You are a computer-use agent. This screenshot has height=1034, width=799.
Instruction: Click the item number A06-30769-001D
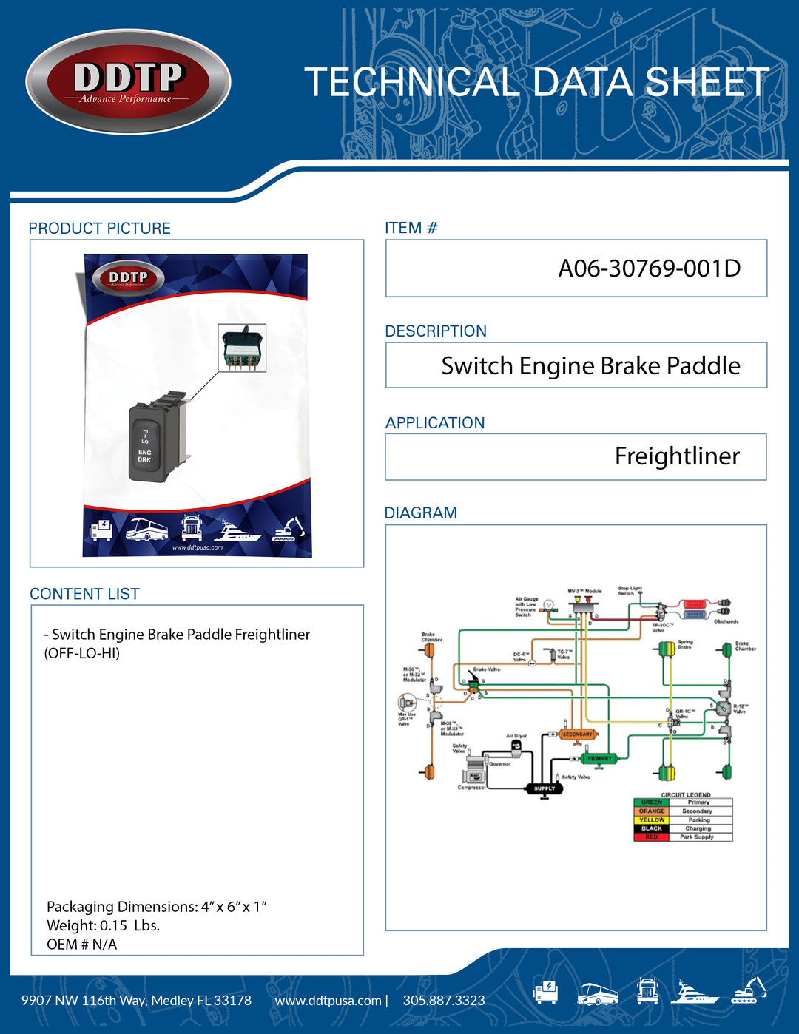pyautogui.click(x=649, y=268)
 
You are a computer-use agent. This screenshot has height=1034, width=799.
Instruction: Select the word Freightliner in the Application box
pyautogui.click(x=677, y=456)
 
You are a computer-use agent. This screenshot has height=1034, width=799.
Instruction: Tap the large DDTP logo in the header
pyautogui.click(x=129, y=82)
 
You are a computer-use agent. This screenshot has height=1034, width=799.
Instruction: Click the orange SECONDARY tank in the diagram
pyautogui.click(x=577, y=734)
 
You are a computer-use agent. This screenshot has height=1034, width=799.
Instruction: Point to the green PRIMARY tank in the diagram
pyautogui.click(x=599, y=759)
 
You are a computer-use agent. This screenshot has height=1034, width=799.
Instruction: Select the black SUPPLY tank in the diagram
pyautogui.click(x=545, y=788)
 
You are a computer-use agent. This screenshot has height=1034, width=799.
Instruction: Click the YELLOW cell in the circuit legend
pyautogui.click(x=651, y=820)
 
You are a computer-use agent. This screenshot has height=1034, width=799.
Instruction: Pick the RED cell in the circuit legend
pyautogui.click(x=651, y=837)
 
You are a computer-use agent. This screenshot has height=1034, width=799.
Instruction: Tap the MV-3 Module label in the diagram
pyautogui.click(x=584, y=592)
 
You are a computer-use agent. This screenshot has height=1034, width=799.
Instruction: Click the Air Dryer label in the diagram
pyautogui.click(x=516, y=736)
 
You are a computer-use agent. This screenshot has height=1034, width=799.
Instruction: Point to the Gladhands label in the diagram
pyautogui.click(x=726, y=621)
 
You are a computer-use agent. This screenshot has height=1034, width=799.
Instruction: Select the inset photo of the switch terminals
pyautogui.click(x=242, y=348)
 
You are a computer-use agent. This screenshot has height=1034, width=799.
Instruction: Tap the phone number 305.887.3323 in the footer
pyautogui.click(x=444, y=1001)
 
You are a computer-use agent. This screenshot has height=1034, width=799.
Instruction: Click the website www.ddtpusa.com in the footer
pyautogui.click(x=328, y=1001)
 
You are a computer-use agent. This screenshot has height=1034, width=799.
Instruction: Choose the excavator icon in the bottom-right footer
pyautogui.click(x=749, y=991)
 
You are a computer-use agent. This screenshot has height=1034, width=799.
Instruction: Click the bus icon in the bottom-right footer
pyautogui.click(x=597, y=994)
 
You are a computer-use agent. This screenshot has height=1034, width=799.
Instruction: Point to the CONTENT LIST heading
pyautogui.click(x=84, y=594)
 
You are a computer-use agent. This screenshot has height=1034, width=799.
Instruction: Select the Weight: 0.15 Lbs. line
pyautogui.click(x=103, y=925)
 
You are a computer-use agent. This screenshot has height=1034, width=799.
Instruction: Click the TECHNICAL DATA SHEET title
pyautogui.click(x=536, y=82)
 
